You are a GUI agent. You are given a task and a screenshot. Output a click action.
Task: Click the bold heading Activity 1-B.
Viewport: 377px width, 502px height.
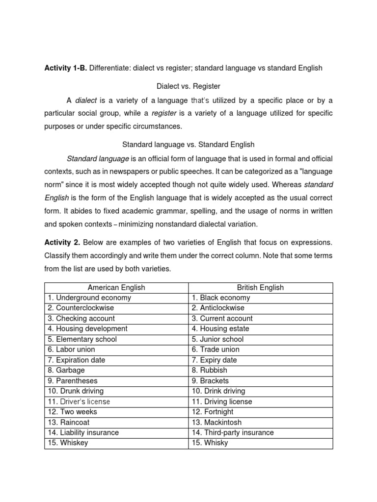tap(66, 68)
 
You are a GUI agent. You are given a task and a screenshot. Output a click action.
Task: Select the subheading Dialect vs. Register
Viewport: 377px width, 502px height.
tap(188, 86)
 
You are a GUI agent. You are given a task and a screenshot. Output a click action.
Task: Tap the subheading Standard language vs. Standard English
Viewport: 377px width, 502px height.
tap(188, 145)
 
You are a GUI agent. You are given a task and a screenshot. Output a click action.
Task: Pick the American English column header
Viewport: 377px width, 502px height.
tap(116, 288)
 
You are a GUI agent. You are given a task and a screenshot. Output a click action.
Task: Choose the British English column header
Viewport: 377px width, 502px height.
tap(260, 288)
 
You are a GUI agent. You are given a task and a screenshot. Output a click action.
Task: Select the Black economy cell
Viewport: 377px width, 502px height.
tap(221, 298)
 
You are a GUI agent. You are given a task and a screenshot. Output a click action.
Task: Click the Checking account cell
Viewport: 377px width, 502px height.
tap(81, 318)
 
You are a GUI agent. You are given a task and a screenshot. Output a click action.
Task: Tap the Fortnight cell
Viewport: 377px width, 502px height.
tap(215, 412)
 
